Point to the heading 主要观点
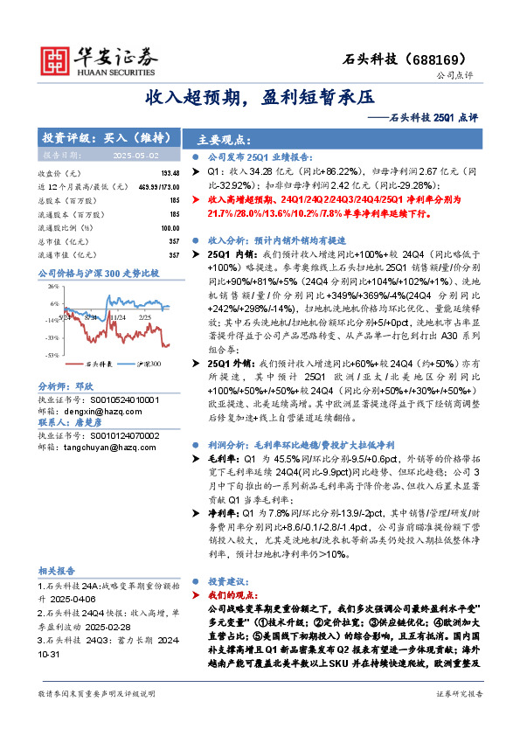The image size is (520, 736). [x=219, y=138]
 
